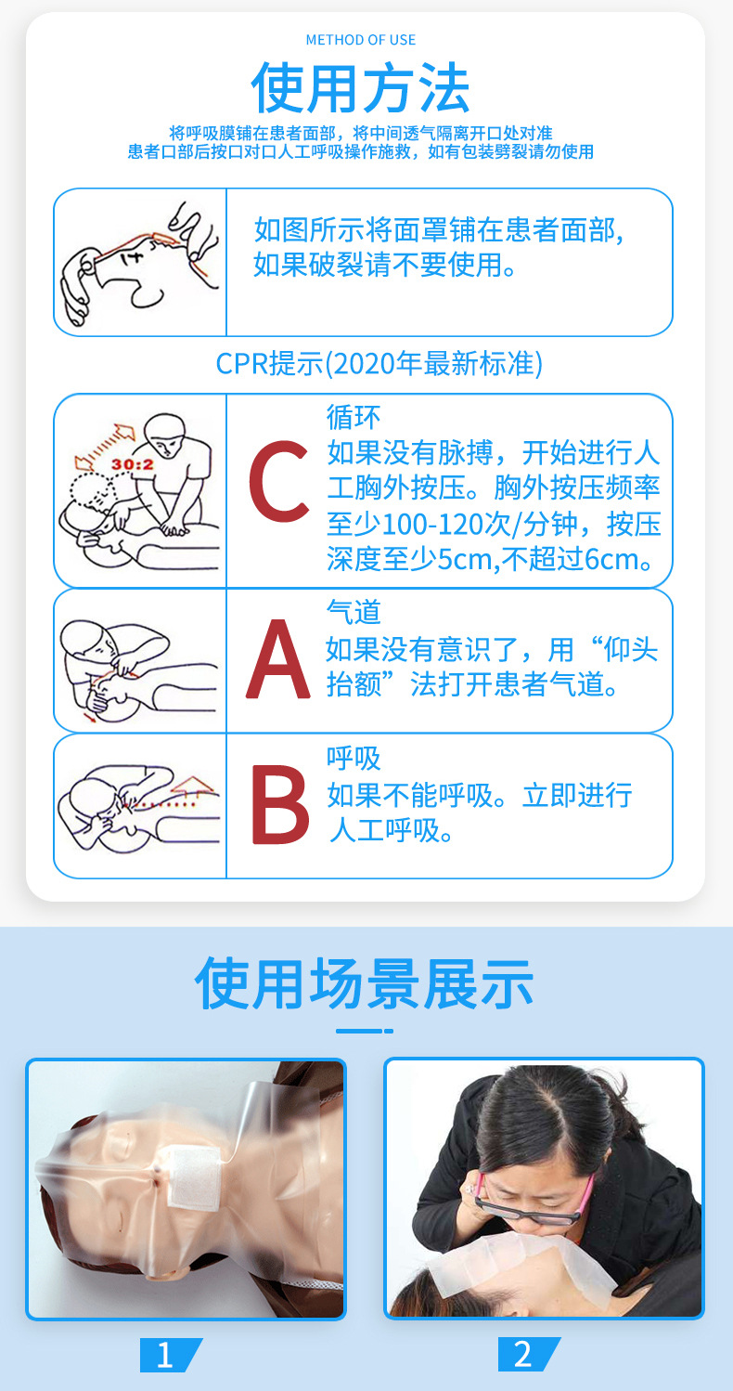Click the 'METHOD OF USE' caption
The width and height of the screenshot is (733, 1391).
[x=361, y=40]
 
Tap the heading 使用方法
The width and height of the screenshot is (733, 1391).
[x=361, y=89]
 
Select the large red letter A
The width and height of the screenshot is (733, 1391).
[x=277, y=659]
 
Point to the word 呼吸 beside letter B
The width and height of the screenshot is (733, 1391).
[x=354, y=758]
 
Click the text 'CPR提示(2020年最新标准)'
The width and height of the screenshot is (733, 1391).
[x=379, y=363]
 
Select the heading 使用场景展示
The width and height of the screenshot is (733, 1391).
[x=364, y=984]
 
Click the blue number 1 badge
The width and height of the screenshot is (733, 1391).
[x=166, y=1355]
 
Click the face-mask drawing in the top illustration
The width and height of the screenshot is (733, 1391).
[x=139, y=261]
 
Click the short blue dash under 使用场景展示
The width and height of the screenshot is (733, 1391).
[x=364, y=1031]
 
